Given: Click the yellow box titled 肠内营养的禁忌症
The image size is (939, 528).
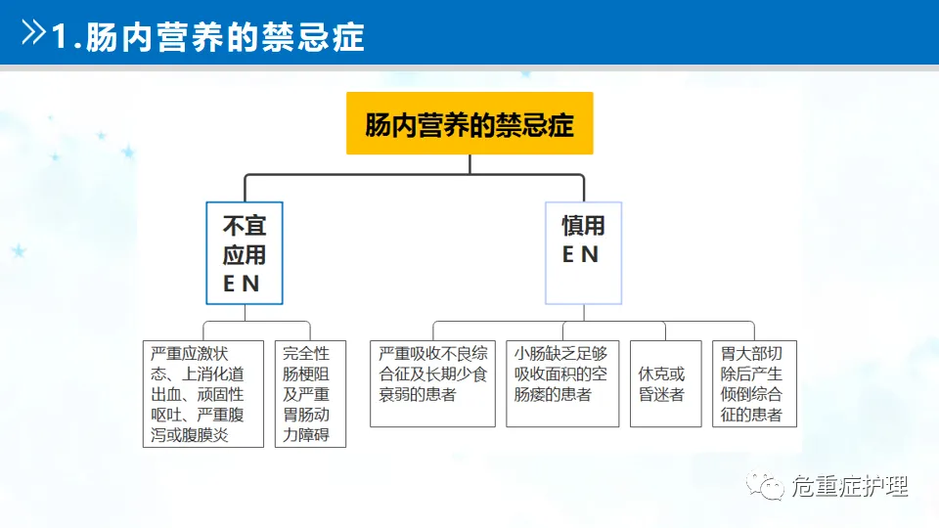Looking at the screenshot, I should (x=469, y=123).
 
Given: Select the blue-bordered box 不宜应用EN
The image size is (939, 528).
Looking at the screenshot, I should (x=245, y=253).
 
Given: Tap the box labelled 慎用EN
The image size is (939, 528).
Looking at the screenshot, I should (x=583, y=253).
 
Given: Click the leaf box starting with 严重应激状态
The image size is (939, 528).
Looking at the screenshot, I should (x=203, y=393).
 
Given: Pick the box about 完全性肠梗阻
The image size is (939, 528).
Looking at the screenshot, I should (x=311, y=393).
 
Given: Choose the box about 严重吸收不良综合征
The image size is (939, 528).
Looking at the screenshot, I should (x=433, y=383).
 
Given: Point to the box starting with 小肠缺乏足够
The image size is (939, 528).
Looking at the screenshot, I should (x=562, y=383).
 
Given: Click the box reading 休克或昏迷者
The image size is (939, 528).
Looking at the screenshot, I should (x=665, y=383).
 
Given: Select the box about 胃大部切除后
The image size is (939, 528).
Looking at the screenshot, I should (x=754, y=383).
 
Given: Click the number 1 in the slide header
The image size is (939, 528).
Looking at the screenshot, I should (x=61, y=37).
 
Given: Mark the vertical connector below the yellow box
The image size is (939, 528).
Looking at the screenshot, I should (x=469, y=164).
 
